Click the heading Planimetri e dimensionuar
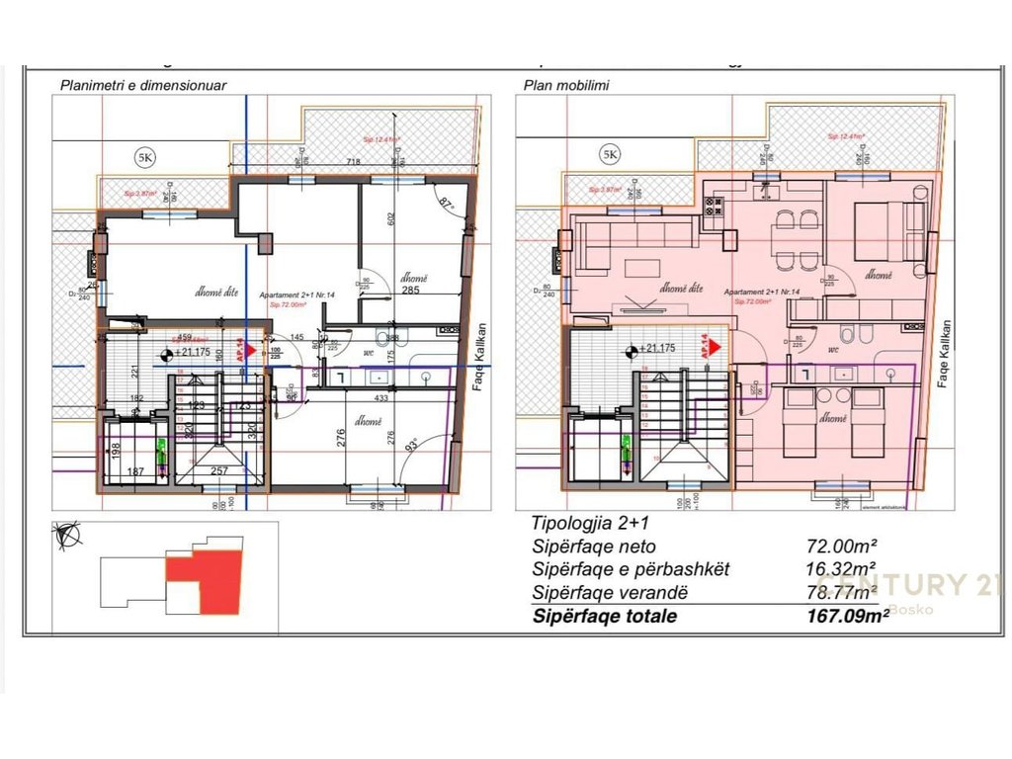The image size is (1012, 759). click(x=143, y=85)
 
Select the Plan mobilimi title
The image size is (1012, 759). click(x=566, y=85)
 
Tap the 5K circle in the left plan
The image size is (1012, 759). click(x=145, y=155)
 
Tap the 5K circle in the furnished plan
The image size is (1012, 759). click(x=610, y=155)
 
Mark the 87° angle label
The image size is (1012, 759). click(x=446, y=204)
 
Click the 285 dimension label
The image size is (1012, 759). click(x=410, y=292)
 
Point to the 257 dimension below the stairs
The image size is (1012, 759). click(x=220, y=471)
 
